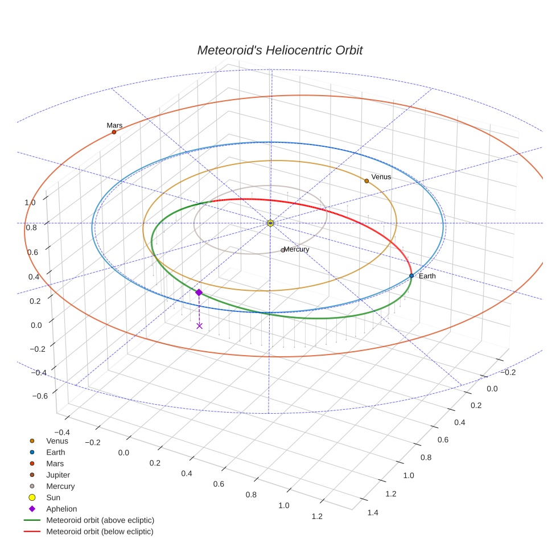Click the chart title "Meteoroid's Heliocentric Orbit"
pyautogui.click(x=279, y=50)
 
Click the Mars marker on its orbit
pyautogui.click(x=114, y=132)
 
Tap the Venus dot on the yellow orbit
pyautogui.click(x=367, y=181)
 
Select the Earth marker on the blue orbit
pyautogui.click(x=411, y=275)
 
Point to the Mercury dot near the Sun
pyautogui.click(x=283, y=250)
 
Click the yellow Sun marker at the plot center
pyautogui.click(x=270, y=223)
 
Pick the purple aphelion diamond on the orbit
pyautogui.click(x=199, y=292)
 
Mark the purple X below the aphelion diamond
pyautogui.click(x=199, y=326)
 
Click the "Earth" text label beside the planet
pyautogui.click(x=427, y=276)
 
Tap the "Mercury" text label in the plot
pyautogui.click(x=297, y=249)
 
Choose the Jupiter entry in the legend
pyautogui.click(x=57, y=475)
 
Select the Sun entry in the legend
pyautogui.click(x=53, y=497)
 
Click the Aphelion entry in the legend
pyautogui.click(x=61, y=509)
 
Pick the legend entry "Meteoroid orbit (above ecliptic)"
pyautogui.click(x=100, y=520)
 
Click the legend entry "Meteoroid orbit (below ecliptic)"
pyautogui.click(x=100, y=532)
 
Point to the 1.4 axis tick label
pyautogui.click(x=373, y=513)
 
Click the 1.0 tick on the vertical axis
pyautogui.click(x=30, y=202)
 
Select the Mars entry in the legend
pyautogui.click(x=55, y=463)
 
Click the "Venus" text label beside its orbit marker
pyautogui.click(x=381, y=177)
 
